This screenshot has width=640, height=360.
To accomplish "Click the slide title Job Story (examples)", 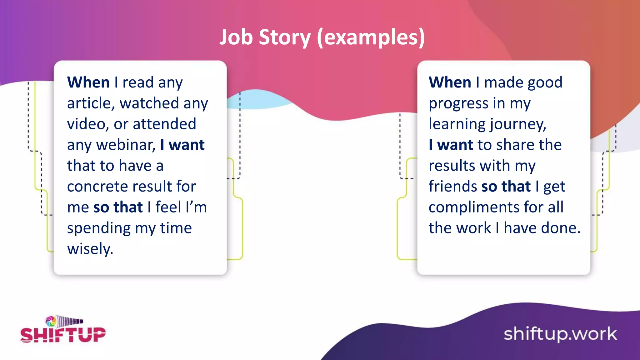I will (322, 37).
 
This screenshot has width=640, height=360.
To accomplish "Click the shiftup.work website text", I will (560, 334).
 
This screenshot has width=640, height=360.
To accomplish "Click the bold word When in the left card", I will (88, 82).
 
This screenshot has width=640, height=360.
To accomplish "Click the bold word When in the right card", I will (450, 82).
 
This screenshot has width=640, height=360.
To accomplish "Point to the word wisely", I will (90, 249).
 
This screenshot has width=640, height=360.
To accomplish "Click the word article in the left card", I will (90, 103).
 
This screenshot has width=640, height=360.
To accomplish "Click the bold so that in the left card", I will (118, 207).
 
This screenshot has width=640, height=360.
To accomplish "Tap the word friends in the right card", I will (452, 187).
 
